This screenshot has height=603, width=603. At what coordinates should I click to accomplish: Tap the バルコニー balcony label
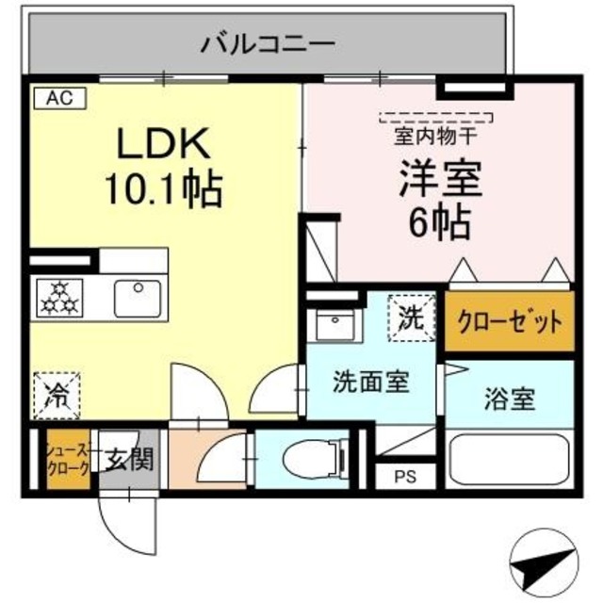[269, 42]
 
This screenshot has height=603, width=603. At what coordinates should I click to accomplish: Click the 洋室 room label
[439, 180]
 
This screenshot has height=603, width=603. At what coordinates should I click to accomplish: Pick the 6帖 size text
[439, 222]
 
